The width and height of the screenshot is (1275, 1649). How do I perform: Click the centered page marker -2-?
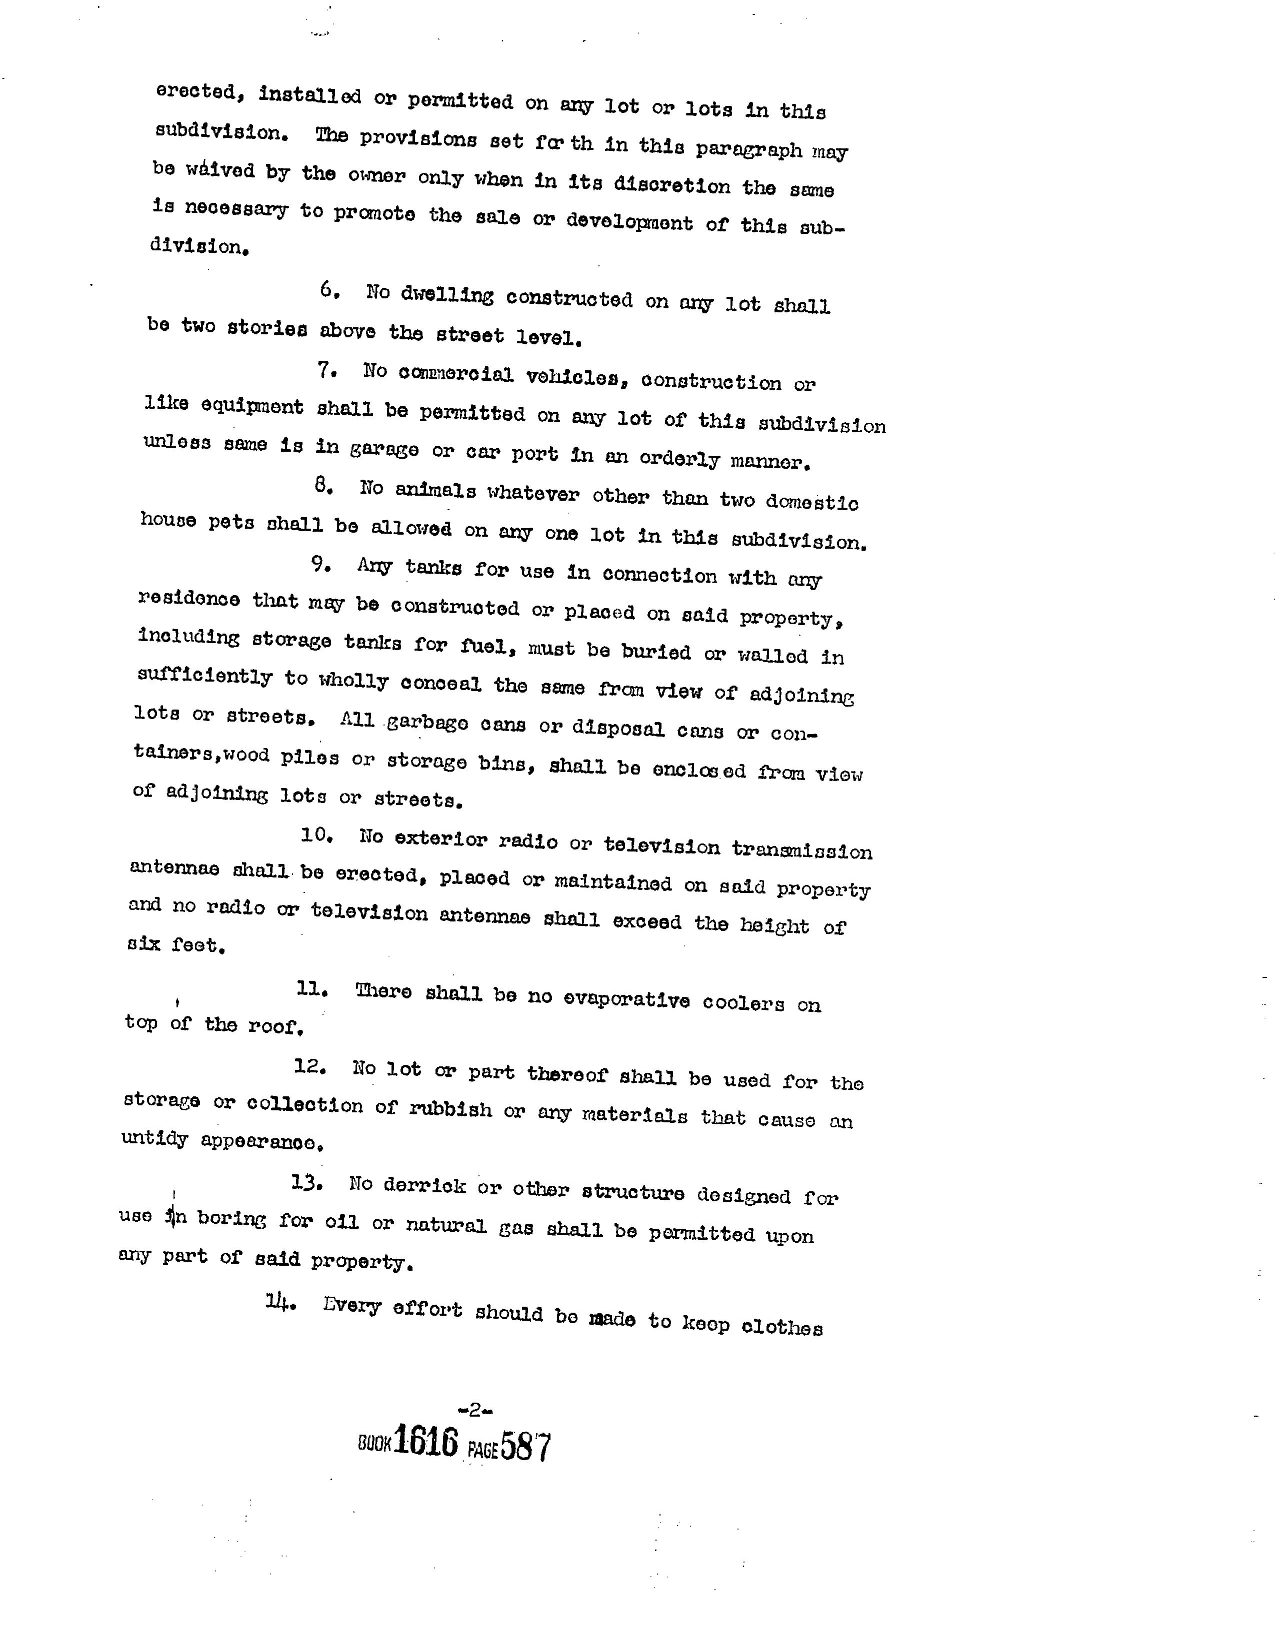click(475, 1408)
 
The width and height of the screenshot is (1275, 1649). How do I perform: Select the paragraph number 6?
click(328, 290)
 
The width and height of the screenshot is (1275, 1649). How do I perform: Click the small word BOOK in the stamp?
click(374, 1444)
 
